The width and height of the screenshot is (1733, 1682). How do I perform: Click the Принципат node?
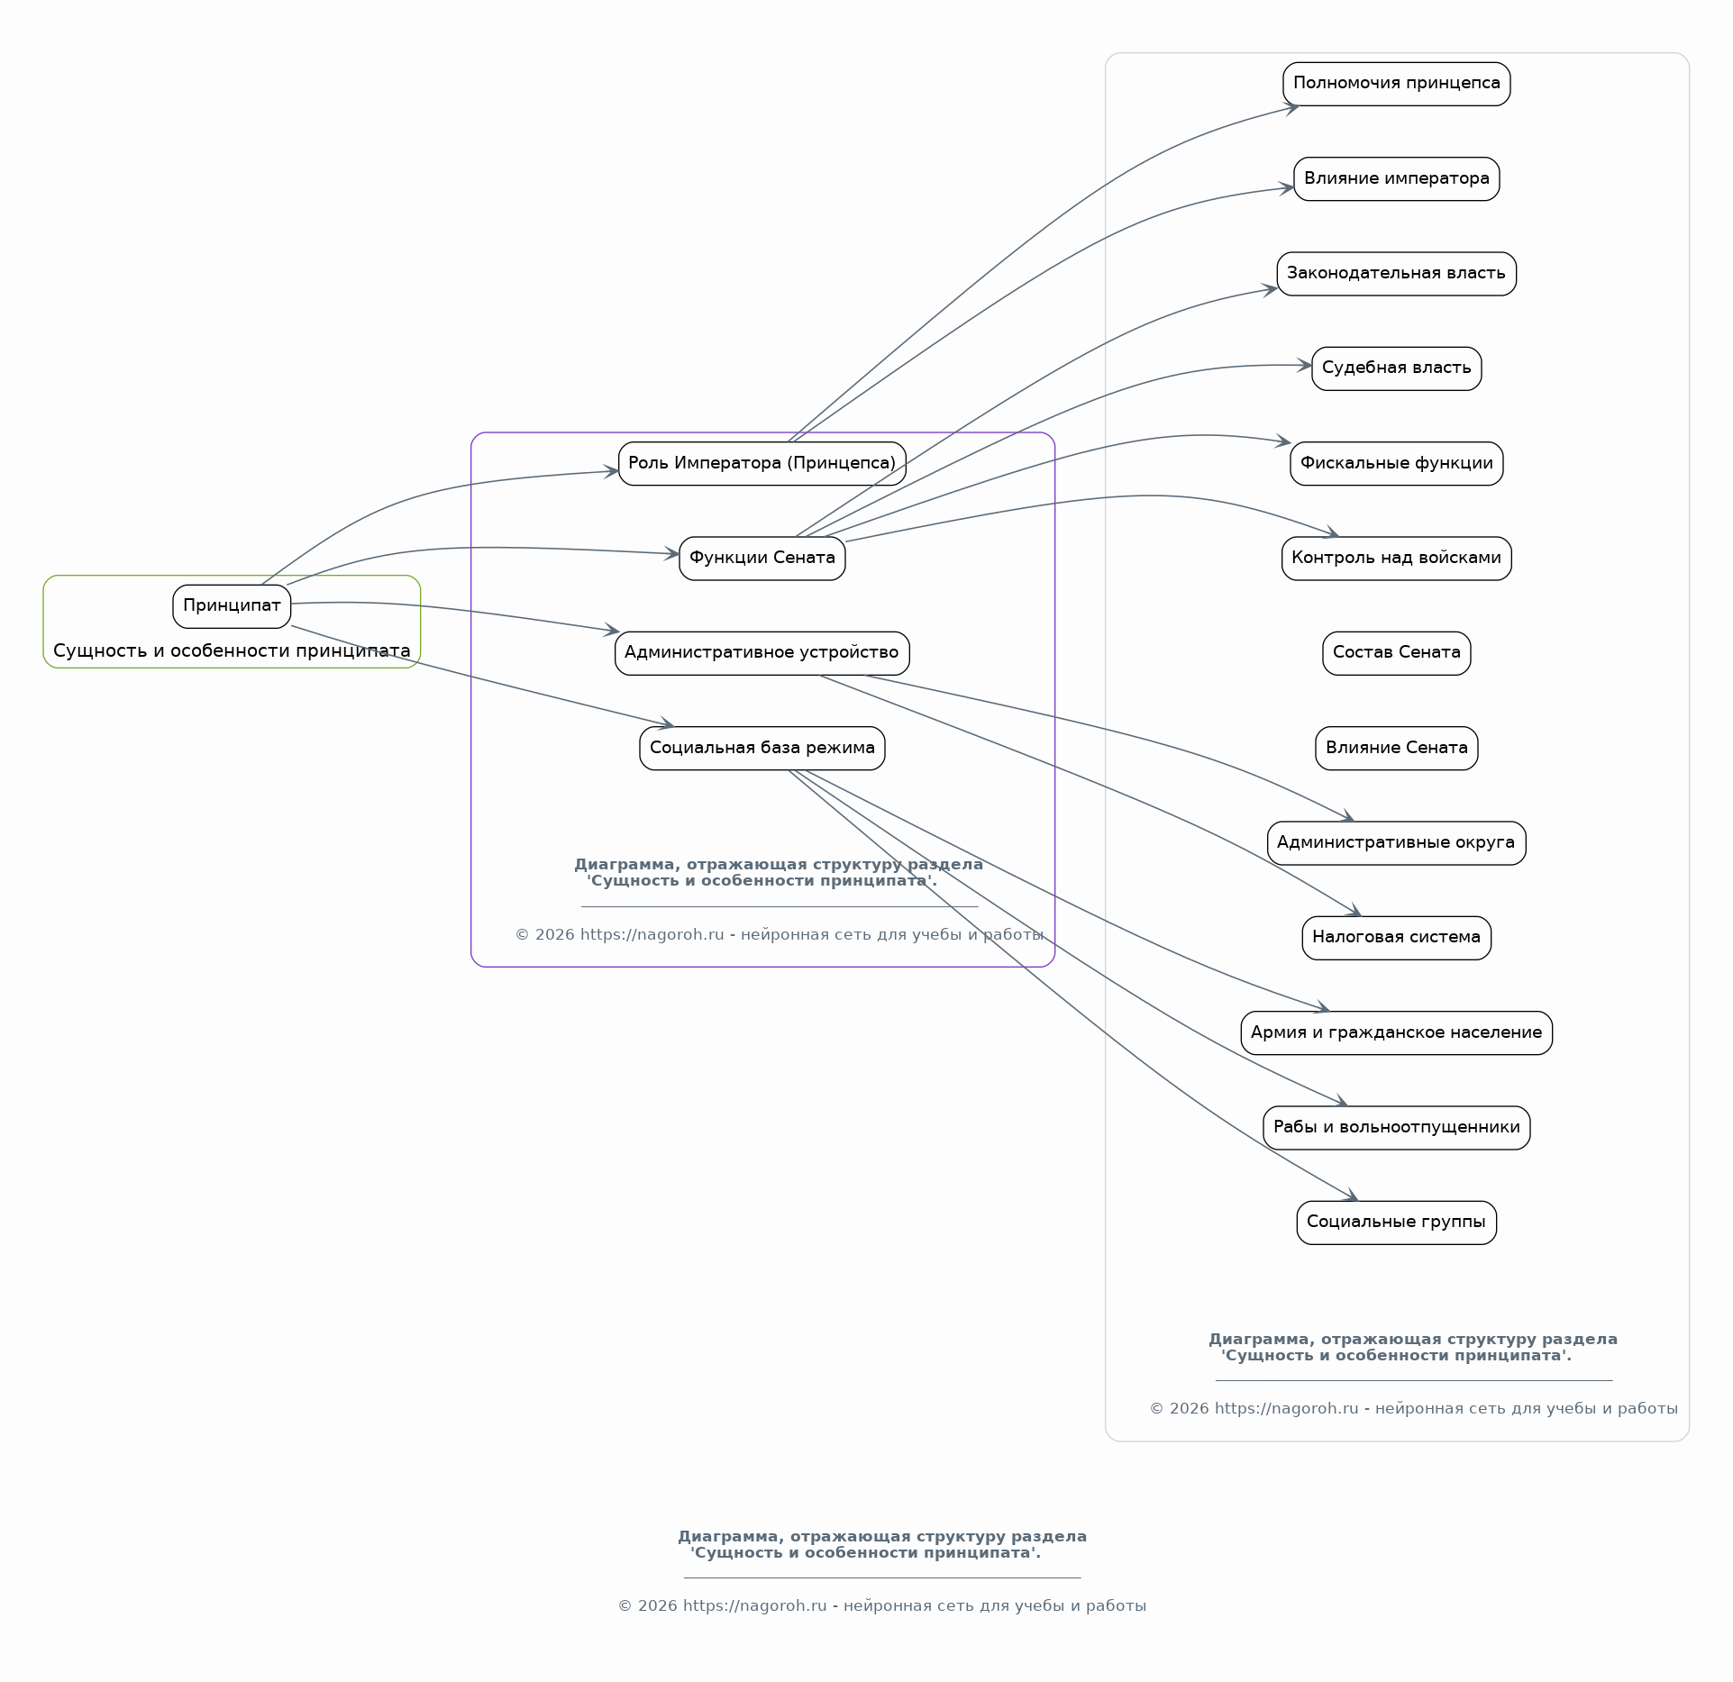pyautogui.click(x=232, y=606)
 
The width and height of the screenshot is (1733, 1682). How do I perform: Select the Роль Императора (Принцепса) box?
pyautogui.click(x=762, y=463)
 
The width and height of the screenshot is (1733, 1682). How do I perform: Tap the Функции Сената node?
pyautogui.click(x=762, y=559)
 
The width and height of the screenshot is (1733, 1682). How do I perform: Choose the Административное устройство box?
pyautogui.click(x=762, y=653)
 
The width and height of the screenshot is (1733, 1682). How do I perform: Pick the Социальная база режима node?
pyautogui.click(x=762, y=748)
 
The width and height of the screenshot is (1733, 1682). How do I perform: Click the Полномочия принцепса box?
pyautogui.click(x=1396, y=84)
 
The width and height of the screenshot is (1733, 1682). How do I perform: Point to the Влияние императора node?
pyautogui.click(x=1396, y=178)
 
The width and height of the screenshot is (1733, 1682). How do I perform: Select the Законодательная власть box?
pyautogui.click(x=1396, y=274)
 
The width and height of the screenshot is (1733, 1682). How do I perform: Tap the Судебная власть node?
pyautogui.click(x=1396, y=368)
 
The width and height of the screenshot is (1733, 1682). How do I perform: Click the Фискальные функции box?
pyautogui.click(x=1396, y=463)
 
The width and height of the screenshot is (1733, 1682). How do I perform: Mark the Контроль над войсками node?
pyautogui.click(x=1396, y=559)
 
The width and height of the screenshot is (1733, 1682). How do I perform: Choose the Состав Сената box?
pyautogui.click(x=1396, y=653)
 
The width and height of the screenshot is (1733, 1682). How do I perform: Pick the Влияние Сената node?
pyautogui.click(x=1396, y=748)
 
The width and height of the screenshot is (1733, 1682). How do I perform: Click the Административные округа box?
pyautogui.click(x=1396, y=843)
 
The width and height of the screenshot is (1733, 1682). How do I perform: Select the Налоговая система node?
pyautogui.click(x=1396, y=938)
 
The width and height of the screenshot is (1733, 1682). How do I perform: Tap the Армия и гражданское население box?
pyautogui.click(x=1396, y=1032)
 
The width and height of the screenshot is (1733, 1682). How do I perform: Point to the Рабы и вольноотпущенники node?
pyautogui.click(x=1396, y=1128)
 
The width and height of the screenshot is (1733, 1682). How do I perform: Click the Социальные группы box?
pyautogui.click(x=1396, y=1223)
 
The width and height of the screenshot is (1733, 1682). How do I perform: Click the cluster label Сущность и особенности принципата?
pyautogui.click(x=232, y=650)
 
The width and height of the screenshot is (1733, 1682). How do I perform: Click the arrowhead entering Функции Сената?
pyautogui.click(x=672, y=553)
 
